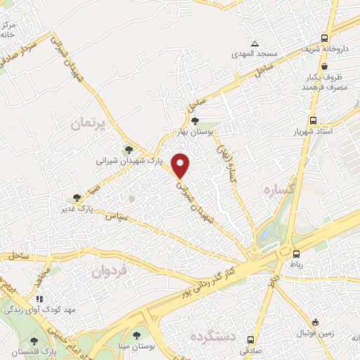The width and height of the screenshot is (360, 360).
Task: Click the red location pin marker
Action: click(181, 165)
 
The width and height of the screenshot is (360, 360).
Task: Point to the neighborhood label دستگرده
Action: click(215, 338)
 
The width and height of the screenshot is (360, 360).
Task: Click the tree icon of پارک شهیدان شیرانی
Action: click(129, 149)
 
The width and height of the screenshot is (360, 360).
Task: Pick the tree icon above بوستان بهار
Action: click(205, 120)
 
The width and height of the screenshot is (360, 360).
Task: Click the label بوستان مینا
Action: click(136, 347)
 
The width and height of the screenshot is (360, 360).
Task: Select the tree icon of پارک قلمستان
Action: click(34, 340)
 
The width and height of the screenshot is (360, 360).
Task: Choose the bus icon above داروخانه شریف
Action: click(324, 39)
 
